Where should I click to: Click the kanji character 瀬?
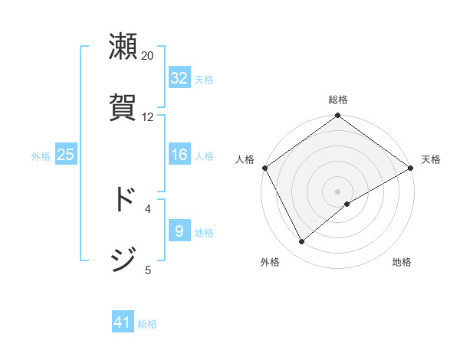click(123, 47)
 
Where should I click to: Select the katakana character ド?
click(123, 199)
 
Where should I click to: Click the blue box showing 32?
click(179, 78)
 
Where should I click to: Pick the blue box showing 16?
click(179, 155)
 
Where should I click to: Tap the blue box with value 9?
click(179, 231)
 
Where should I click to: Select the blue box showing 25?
click(66, 155)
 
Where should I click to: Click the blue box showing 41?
click(123, 323)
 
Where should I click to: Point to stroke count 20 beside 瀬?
click(148, 56)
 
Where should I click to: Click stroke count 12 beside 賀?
click(148, 117)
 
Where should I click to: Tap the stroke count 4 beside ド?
click(148, 208)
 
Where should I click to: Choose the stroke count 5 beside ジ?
click(148, 270)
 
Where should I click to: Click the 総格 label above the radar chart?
click(338, 100)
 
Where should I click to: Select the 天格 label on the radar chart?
click(431, 159)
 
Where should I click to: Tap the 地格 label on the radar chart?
click(402, 262)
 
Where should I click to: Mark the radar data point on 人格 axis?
click(264, 168)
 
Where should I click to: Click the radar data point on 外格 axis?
click(302, 242)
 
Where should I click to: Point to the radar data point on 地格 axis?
click(347, 204)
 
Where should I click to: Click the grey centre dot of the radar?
click(338, 191)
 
